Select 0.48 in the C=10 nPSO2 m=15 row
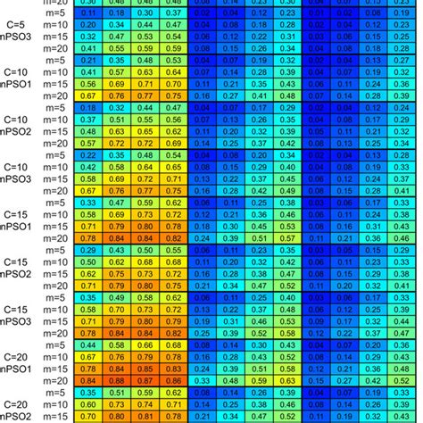tap(87, 130)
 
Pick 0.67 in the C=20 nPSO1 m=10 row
tap(87, 355)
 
